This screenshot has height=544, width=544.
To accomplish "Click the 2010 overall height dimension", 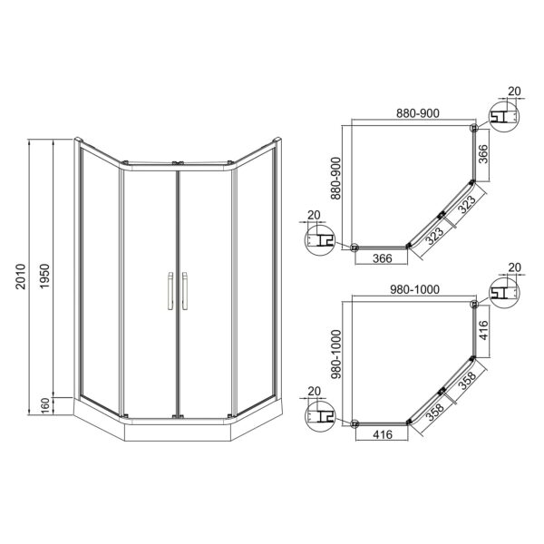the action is click(21, 277).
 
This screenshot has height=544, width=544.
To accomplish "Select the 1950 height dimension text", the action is click(45, 277).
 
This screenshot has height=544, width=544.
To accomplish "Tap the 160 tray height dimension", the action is click(45, 406).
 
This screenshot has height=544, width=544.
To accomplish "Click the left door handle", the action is click(170, 291).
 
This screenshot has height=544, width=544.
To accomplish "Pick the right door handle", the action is click(185, 291).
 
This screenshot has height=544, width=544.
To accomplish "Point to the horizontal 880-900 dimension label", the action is click(418, 113).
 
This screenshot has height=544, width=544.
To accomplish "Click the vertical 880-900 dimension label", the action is click(335, 179).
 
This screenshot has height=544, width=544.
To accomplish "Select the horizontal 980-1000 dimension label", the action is click(415, 289).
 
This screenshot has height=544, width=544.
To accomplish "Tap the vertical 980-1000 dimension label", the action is click(336, 354).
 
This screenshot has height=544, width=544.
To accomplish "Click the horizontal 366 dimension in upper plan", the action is click(383, 258).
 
